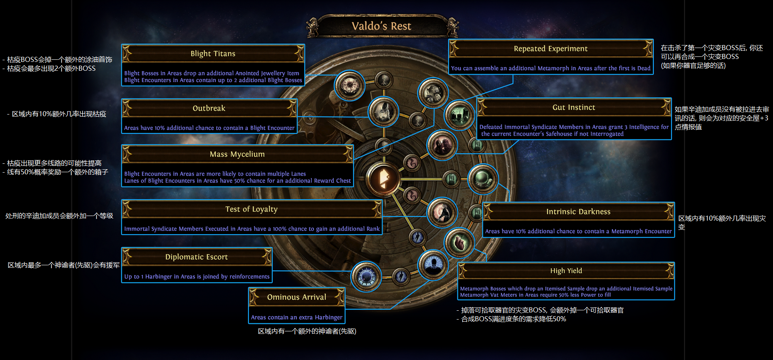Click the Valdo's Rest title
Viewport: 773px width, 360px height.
[x=381, y=26]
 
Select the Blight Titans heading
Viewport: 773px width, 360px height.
[x=213, y=54]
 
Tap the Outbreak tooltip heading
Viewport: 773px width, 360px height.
[x=209, y=109]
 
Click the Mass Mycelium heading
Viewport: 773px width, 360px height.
[x=237, y=155]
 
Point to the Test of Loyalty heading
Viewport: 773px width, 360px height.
[x=251, y=209]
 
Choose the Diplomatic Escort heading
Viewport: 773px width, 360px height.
[x=196, y=257]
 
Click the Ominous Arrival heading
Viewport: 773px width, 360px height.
[x=297, y=297]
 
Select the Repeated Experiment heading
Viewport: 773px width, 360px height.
[x=551, y=49]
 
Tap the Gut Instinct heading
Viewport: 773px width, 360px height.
[x=574, y=107]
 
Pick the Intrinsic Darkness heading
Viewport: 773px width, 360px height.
[x=578, y=212]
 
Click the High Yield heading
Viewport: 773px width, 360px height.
[x=566, y=271]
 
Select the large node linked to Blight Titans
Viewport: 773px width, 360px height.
[x=349, y=85]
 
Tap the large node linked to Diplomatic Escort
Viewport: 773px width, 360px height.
[x=366, y=277]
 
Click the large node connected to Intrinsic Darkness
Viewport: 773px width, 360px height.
[x=483, y=179]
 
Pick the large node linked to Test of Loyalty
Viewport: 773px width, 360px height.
[x=442, y=213]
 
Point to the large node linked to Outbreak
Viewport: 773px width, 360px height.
[x=383, y=112]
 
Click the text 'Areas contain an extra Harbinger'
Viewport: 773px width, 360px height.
[x=297, y=317]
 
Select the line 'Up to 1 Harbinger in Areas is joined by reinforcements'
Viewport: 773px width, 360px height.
[x=197, y=277]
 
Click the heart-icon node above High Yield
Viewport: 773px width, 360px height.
[x=459, y=243]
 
